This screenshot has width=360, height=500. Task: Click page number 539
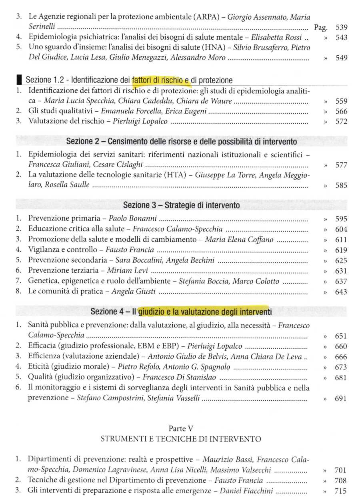341,28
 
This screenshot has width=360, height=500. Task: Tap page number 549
341,58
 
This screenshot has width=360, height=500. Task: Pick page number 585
341,185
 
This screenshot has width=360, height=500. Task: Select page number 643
341,292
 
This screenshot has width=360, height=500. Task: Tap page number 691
341,398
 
